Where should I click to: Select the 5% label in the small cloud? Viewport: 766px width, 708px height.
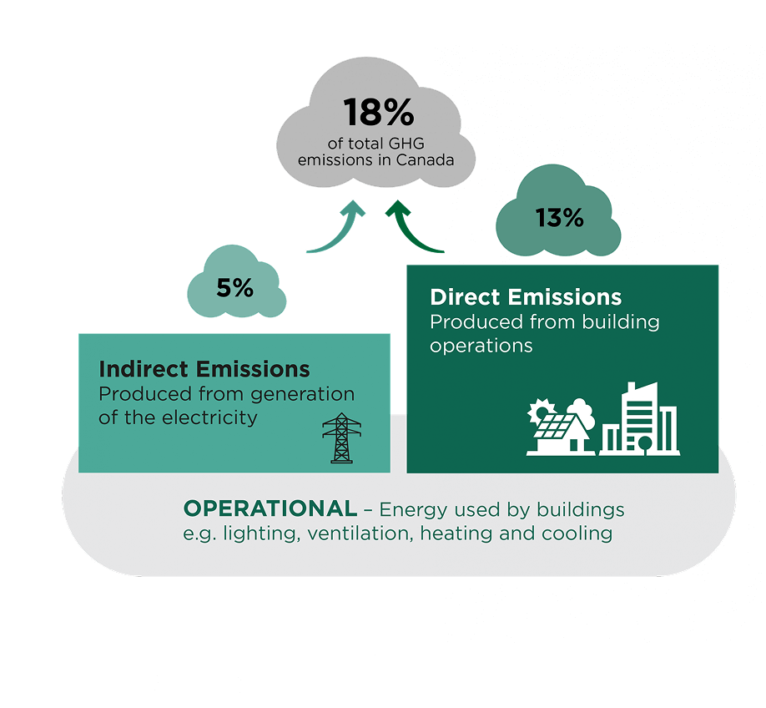click(x=234, y=288)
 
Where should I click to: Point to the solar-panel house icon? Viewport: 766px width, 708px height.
click(x=561, y=434)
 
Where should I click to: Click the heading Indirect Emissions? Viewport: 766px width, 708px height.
click(x=204, y=369)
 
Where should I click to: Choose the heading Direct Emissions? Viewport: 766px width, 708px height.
click(x=525, y=297)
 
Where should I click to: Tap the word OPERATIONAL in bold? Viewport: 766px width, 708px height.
click(x=270, y=508)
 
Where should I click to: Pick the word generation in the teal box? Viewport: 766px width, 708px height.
click(x=305, y=394)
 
